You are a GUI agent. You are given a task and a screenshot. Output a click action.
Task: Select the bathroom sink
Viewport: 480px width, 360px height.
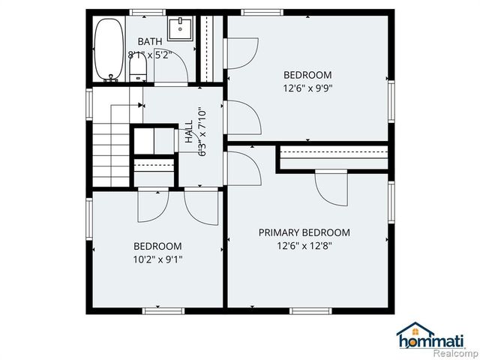(x=180, y=30)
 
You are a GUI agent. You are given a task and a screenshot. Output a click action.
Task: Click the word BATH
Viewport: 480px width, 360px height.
(x=149, y=41)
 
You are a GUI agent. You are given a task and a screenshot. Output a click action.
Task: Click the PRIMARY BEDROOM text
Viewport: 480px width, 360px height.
(x=304, y=232)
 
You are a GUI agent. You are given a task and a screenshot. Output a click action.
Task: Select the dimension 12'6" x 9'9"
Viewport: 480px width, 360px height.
(x=307, y=87)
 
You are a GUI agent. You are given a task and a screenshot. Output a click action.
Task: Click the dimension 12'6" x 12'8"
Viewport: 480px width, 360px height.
(x=304, y=245)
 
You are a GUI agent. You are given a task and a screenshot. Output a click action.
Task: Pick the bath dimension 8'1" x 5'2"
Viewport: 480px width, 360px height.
(x=150, y=55)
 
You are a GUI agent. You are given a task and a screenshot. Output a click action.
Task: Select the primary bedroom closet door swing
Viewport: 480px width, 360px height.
(x=330, y=187)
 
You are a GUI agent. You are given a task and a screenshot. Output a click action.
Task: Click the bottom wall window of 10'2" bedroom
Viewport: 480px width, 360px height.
(x=163, y=310)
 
